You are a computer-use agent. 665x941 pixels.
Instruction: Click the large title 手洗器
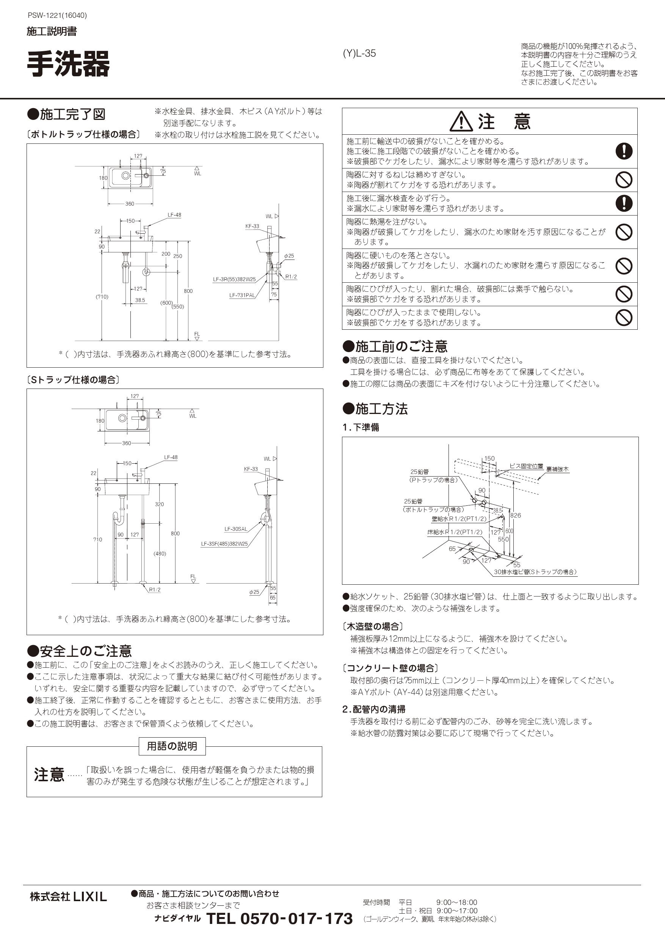[x=68, y=64]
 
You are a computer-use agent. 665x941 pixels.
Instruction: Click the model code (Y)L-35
[x=359, y=53]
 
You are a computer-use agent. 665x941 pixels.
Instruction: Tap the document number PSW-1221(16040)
[x=57, y=16]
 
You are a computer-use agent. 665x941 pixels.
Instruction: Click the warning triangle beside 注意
[x=461, y=122]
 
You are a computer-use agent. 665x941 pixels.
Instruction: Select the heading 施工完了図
[x=72, y=114]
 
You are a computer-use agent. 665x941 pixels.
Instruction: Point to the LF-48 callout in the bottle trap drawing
[x=174, y=215]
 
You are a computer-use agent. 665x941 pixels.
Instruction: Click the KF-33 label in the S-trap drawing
[x=251, y=469]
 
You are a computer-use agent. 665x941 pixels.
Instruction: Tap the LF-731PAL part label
[x=242, y=295]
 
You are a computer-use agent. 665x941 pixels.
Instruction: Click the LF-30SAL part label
[x=235, y=529]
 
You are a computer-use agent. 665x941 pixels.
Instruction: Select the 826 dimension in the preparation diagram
[x=516, y=515]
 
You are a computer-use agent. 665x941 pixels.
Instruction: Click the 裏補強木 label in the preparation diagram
[x=557, y=469]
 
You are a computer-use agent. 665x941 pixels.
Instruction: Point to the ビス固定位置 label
[x=526, y=466]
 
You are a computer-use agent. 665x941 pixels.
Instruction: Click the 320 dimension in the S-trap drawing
[x=159, y=504]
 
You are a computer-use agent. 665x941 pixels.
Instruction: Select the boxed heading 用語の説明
[x=172, y=746]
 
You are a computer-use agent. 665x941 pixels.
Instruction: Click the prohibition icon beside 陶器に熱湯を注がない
[x=624, y=232]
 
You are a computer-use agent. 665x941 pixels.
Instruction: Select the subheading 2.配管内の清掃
[x=374, y=709]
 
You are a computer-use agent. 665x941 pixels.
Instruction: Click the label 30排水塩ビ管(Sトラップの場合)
[x=535, y=572]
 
